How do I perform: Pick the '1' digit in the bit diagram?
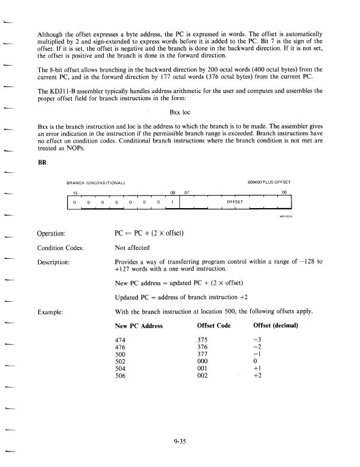[172, 202]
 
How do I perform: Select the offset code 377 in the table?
[203, 353]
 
